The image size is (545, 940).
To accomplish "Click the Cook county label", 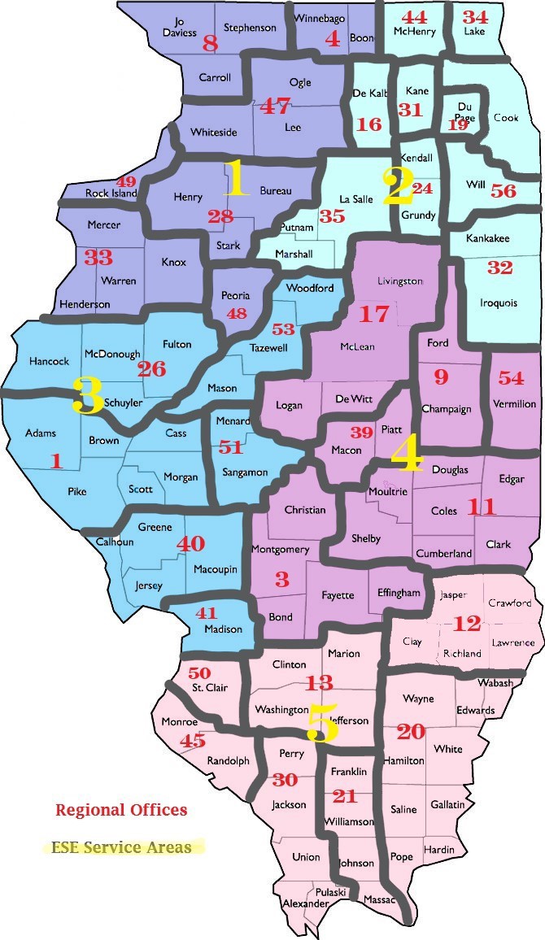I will (x=506, y=118).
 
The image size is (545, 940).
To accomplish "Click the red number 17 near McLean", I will (x=375, y=313).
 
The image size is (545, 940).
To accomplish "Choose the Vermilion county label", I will (x=514, y=404).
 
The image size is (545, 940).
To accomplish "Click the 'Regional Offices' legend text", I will (x=121, y=810).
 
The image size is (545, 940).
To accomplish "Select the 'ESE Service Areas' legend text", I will (x=121, y=847).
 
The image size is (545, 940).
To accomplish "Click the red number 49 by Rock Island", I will (x=126, y=181).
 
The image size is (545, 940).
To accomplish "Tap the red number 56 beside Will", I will (x=504, y=191).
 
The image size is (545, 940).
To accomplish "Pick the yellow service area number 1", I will (x=236, y=179).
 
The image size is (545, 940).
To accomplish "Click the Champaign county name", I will (x=447, y=409).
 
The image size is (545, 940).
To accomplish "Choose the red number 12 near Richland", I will (x=467, y=624).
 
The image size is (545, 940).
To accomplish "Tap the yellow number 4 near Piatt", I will (x=407, y=455).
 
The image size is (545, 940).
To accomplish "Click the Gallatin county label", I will (x=448, y=804).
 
